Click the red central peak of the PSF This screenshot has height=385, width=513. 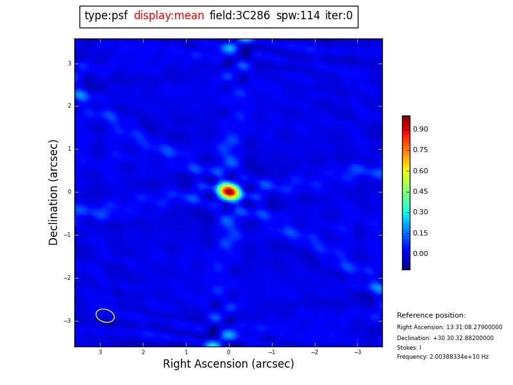(228, 191)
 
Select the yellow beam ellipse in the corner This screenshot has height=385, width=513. (105, 315)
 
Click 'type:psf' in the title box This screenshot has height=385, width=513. (106, 16)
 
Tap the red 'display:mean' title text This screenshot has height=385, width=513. (169, 16)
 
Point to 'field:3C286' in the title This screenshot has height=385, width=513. (240, 16)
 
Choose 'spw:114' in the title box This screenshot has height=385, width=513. (298, 16)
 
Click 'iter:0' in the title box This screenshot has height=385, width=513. (339, 16)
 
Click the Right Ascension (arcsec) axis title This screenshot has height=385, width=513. (228, 364)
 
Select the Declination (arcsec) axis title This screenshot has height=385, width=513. (54, 192)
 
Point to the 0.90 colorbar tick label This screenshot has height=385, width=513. (420, 130)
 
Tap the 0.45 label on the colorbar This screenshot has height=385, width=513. (420, 192)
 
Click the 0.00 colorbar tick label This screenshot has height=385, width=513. (420, 254)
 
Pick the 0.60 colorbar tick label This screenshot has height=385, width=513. (420, 171)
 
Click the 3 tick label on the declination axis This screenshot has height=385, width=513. (69, 64)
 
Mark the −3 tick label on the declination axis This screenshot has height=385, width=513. (68, 321)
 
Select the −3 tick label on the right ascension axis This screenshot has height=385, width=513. (357, 352)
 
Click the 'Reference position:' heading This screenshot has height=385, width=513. (431, 316)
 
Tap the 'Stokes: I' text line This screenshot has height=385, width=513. (409, 348)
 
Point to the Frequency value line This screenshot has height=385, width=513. (442, 357)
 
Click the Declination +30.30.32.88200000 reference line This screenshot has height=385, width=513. (445, 338)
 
